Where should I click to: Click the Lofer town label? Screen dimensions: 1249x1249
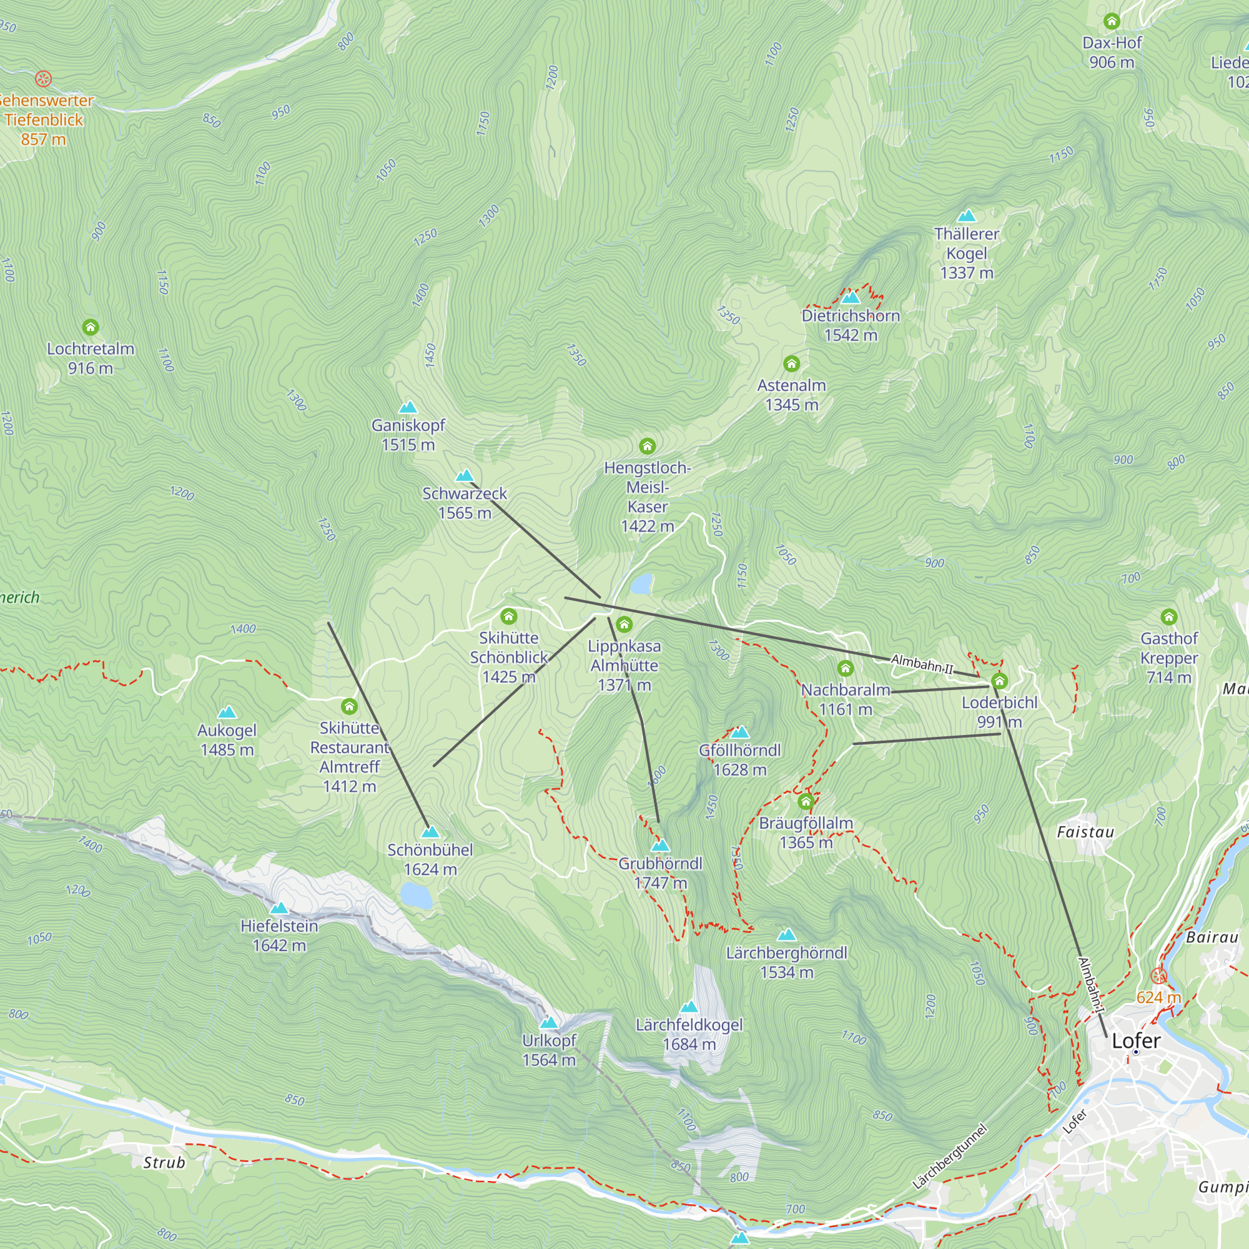click(1136, 1041)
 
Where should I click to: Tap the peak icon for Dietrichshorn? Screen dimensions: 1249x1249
click(851, 297)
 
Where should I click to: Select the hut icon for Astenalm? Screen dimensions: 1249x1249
click(791, 364)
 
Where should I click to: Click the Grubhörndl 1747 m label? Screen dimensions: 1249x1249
click(660, 873)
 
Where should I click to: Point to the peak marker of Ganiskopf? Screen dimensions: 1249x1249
click(408, 407)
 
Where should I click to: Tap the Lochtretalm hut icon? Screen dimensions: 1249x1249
click(91, 327)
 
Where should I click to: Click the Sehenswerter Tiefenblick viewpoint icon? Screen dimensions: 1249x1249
click(43, 79)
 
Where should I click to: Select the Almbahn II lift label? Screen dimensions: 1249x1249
click(922, 664)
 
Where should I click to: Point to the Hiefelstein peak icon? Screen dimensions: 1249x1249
click(279, 908)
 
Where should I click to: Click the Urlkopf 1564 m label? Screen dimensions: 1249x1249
click(549, 1050)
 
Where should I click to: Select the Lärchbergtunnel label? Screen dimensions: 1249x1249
click(950, 1157)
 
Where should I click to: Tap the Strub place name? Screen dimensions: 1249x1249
click(164, 1162)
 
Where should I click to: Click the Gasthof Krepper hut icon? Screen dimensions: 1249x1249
click(1169, 617)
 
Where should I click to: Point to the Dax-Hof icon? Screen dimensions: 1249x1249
click(1112, 22)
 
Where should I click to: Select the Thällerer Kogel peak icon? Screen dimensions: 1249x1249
click(967, 216)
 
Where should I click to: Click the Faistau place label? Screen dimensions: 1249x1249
click(1085, 832)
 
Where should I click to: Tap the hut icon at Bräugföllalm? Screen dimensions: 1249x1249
click(806, 802)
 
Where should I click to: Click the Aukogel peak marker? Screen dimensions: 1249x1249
click(227, 713)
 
